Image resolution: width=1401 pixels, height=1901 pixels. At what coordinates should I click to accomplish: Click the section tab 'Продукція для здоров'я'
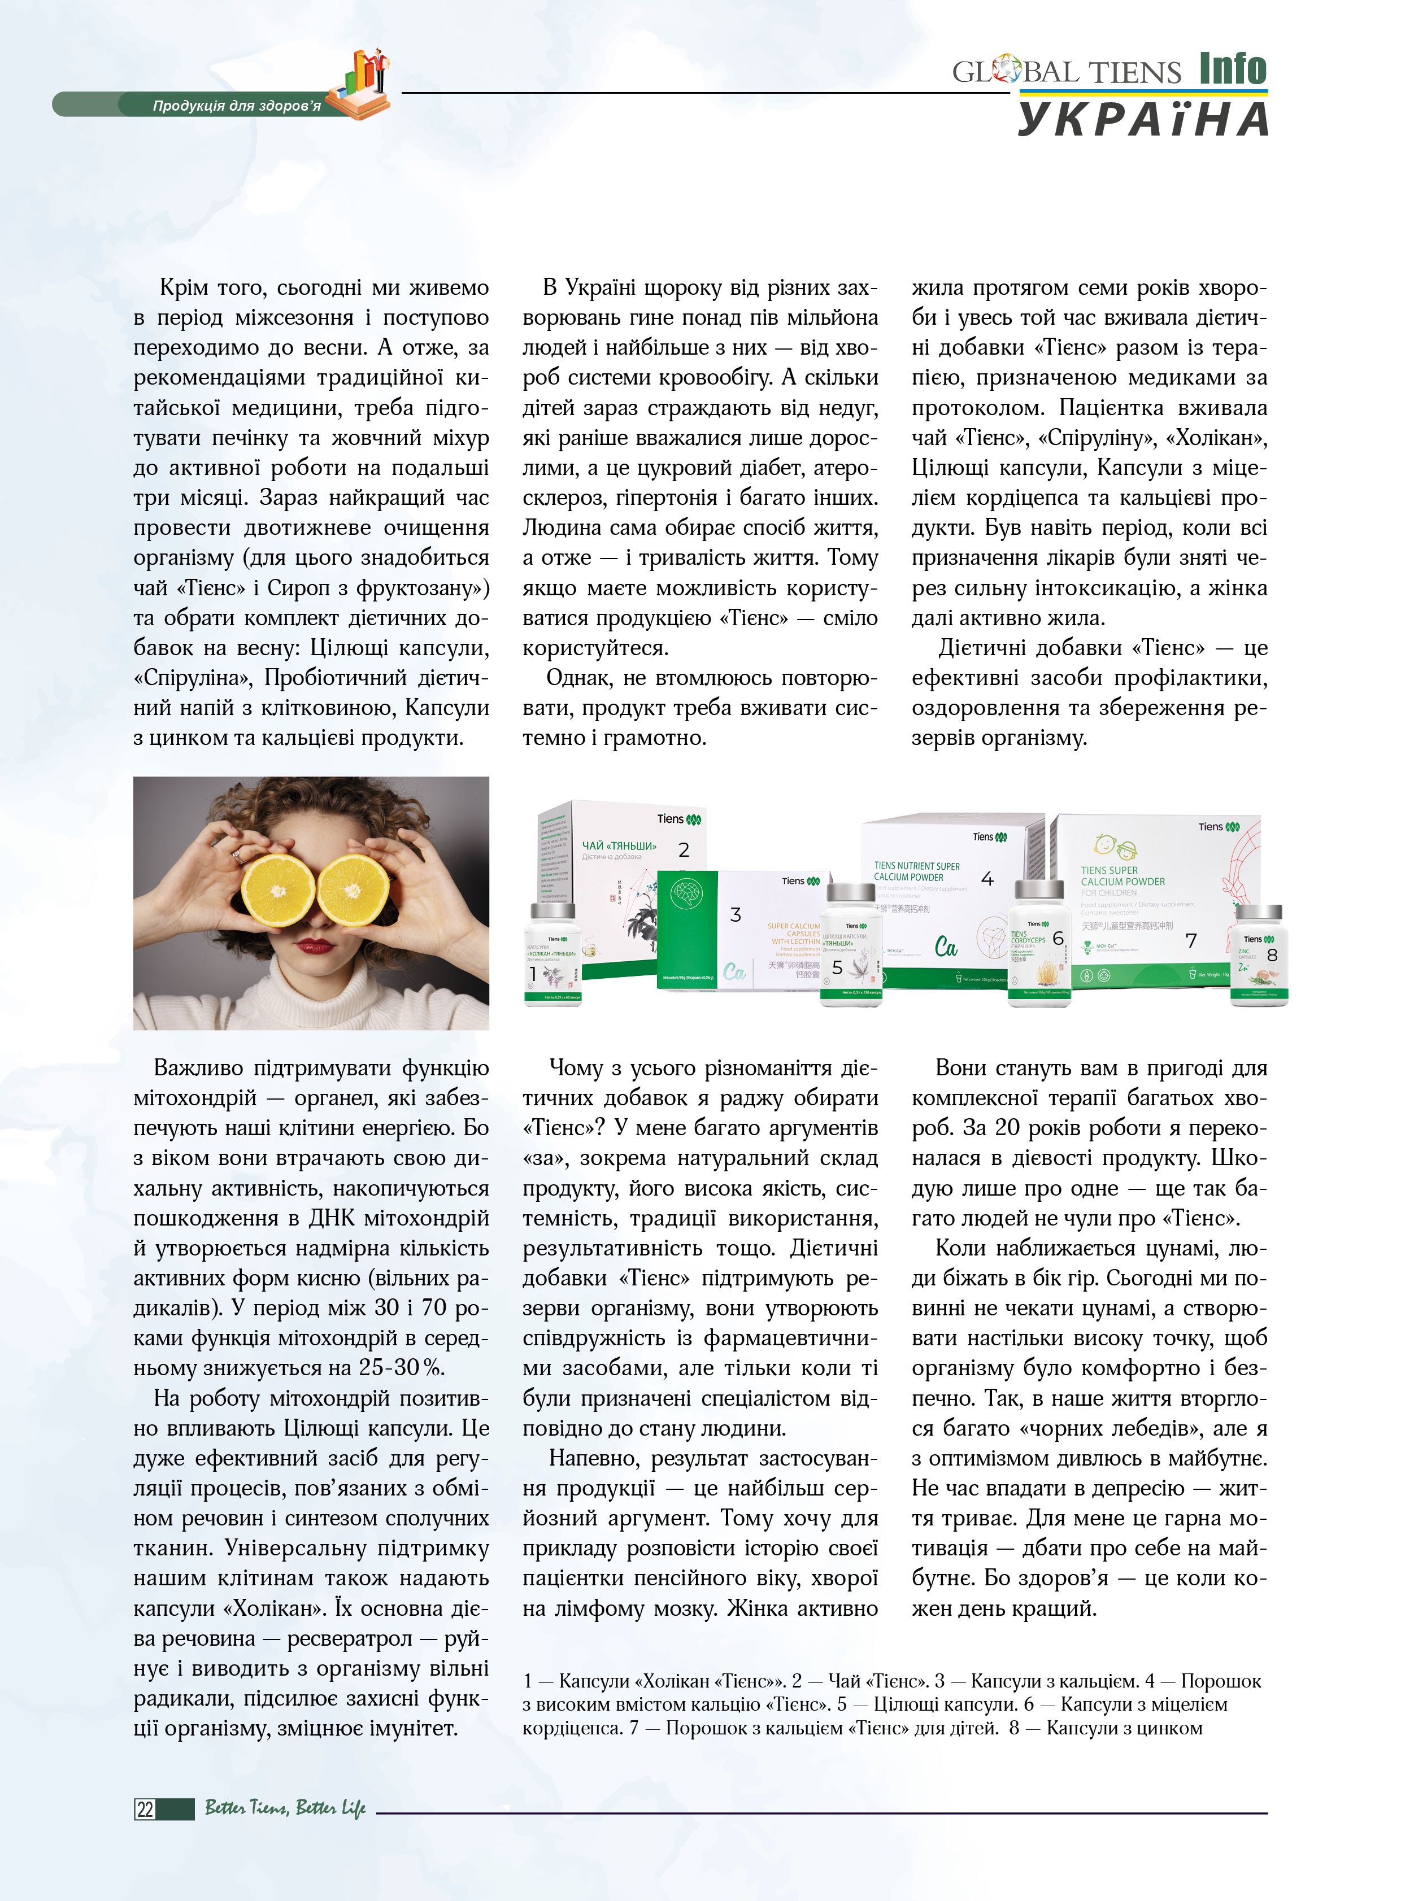point(237,106)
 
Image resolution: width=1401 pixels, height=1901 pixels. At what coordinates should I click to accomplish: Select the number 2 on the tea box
point(684,849)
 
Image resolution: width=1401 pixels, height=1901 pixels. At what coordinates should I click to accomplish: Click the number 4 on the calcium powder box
point(987,878)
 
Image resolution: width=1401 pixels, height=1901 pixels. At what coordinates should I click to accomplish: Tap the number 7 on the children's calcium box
point(1191,940)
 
